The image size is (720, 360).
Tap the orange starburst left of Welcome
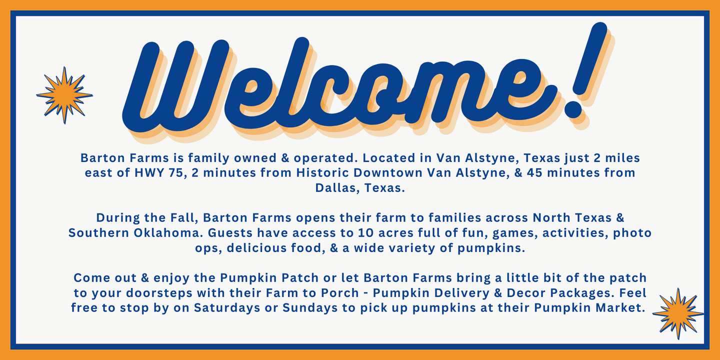pyautogui.click(x=64, y=95)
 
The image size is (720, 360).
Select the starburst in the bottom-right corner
pyautogui.click(x=678, y=313)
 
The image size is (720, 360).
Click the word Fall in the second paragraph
pyautogui.click(x=186, y=218)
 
